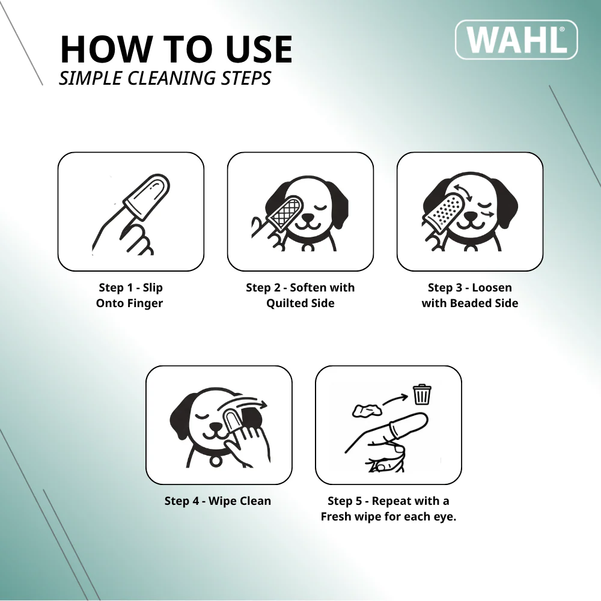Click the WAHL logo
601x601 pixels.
516,40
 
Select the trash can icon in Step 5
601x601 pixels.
422,394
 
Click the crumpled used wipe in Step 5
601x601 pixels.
367,410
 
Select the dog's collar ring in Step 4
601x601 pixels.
216,460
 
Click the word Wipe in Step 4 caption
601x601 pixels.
222,501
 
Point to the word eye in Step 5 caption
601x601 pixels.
444,517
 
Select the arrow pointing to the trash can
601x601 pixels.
395,400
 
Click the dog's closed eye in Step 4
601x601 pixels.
201,416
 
